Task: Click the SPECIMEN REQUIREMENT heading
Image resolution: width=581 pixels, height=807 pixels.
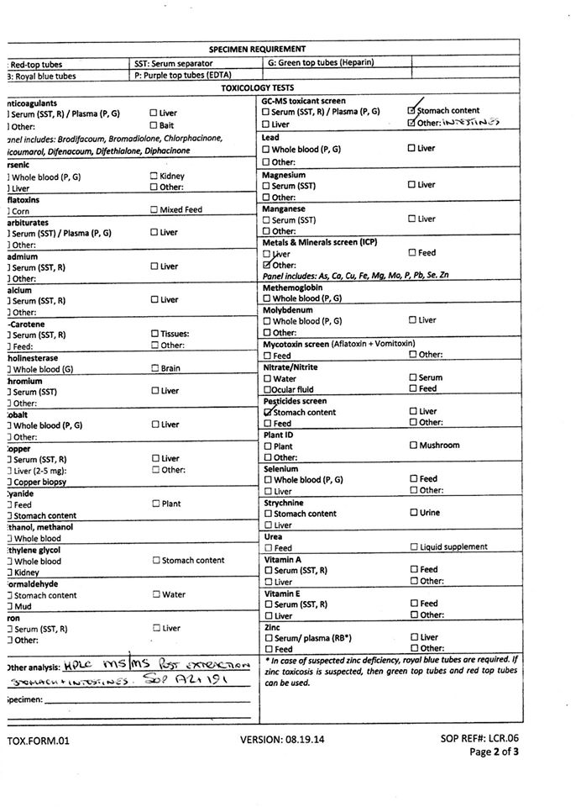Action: (x=257, y=49)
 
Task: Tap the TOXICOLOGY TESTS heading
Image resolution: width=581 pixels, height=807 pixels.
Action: (x=257, y=87)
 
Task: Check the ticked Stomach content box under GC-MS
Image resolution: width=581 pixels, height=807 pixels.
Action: (x=411, y=111)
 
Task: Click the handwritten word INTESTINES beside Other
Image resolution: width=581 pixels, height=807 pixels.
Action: (x=470, y=123)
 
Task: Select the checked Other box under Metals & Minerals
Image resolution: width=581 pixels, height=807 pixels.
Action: (x=267, y=265)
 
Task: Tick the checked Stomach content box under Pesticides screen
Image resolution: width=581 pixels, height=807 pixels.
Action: (x=267, y=412)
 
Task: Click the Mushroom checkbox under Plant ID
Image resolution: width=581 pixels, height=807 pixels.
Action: (x=413, y=446)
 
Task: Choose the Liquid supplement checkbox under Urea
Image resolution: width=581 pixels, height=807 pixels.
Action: (x=413, y=547)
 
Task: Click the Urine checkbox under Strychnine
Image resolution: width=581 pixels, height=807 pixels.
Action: (x=413, y=513)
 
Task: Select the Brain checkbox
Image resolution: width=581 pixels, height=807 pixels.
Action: (x=154, y=368)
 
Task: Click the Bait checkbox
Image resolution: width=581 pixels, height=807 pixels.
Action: (x=154, y=125)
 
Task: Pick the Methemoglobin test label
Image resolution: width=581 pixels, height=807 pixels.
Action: (x=291, y=287)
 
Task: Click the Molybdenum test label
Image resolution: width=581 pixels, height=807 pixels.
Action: (x=288, y=309)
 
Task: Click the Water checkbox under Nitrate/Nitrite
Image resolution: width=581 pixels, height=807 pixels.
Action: (x=267, y=378)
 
